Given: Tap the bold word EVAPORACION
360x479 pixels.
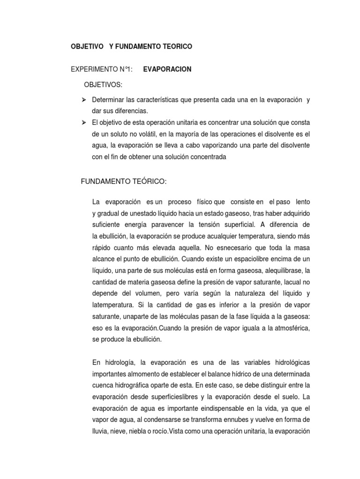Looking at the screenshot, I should click(x=167, y=69).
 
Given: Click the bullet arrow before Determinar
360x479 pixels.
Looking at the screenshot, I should click(x=84, y=100).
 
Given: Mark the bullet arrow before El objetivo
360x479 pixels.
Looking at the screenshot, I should click(x=84, y=123).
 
